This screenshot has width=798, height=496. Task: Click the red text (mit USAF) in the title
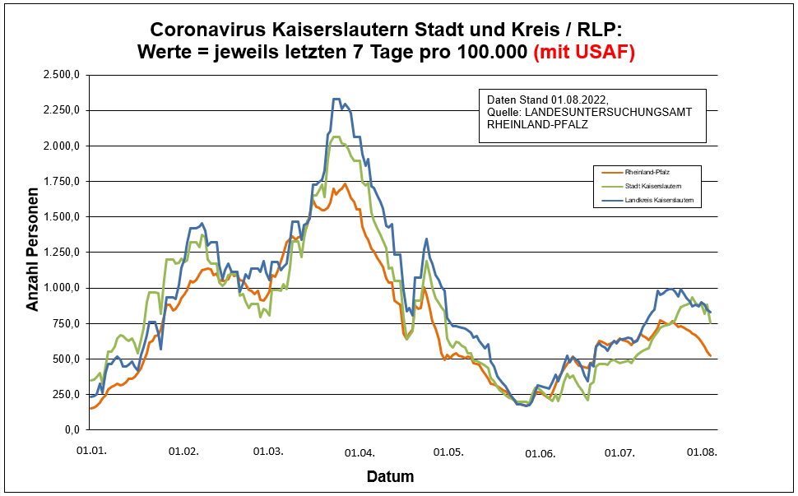coord(584,53)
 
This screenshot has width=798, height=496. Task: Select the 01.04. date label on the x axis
coord(360,452)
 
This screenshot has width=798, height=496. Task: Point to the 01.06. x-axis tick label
coord(541,452)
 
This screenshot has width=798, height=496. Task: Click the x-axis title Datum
coord(390,476)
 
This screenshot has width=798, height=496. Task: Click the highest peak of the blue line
coord(336,99)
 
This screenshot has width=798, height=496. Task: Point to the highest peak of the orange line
coord(346,183)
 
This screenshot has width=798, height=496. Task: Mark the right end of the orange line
coord(710,355)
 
